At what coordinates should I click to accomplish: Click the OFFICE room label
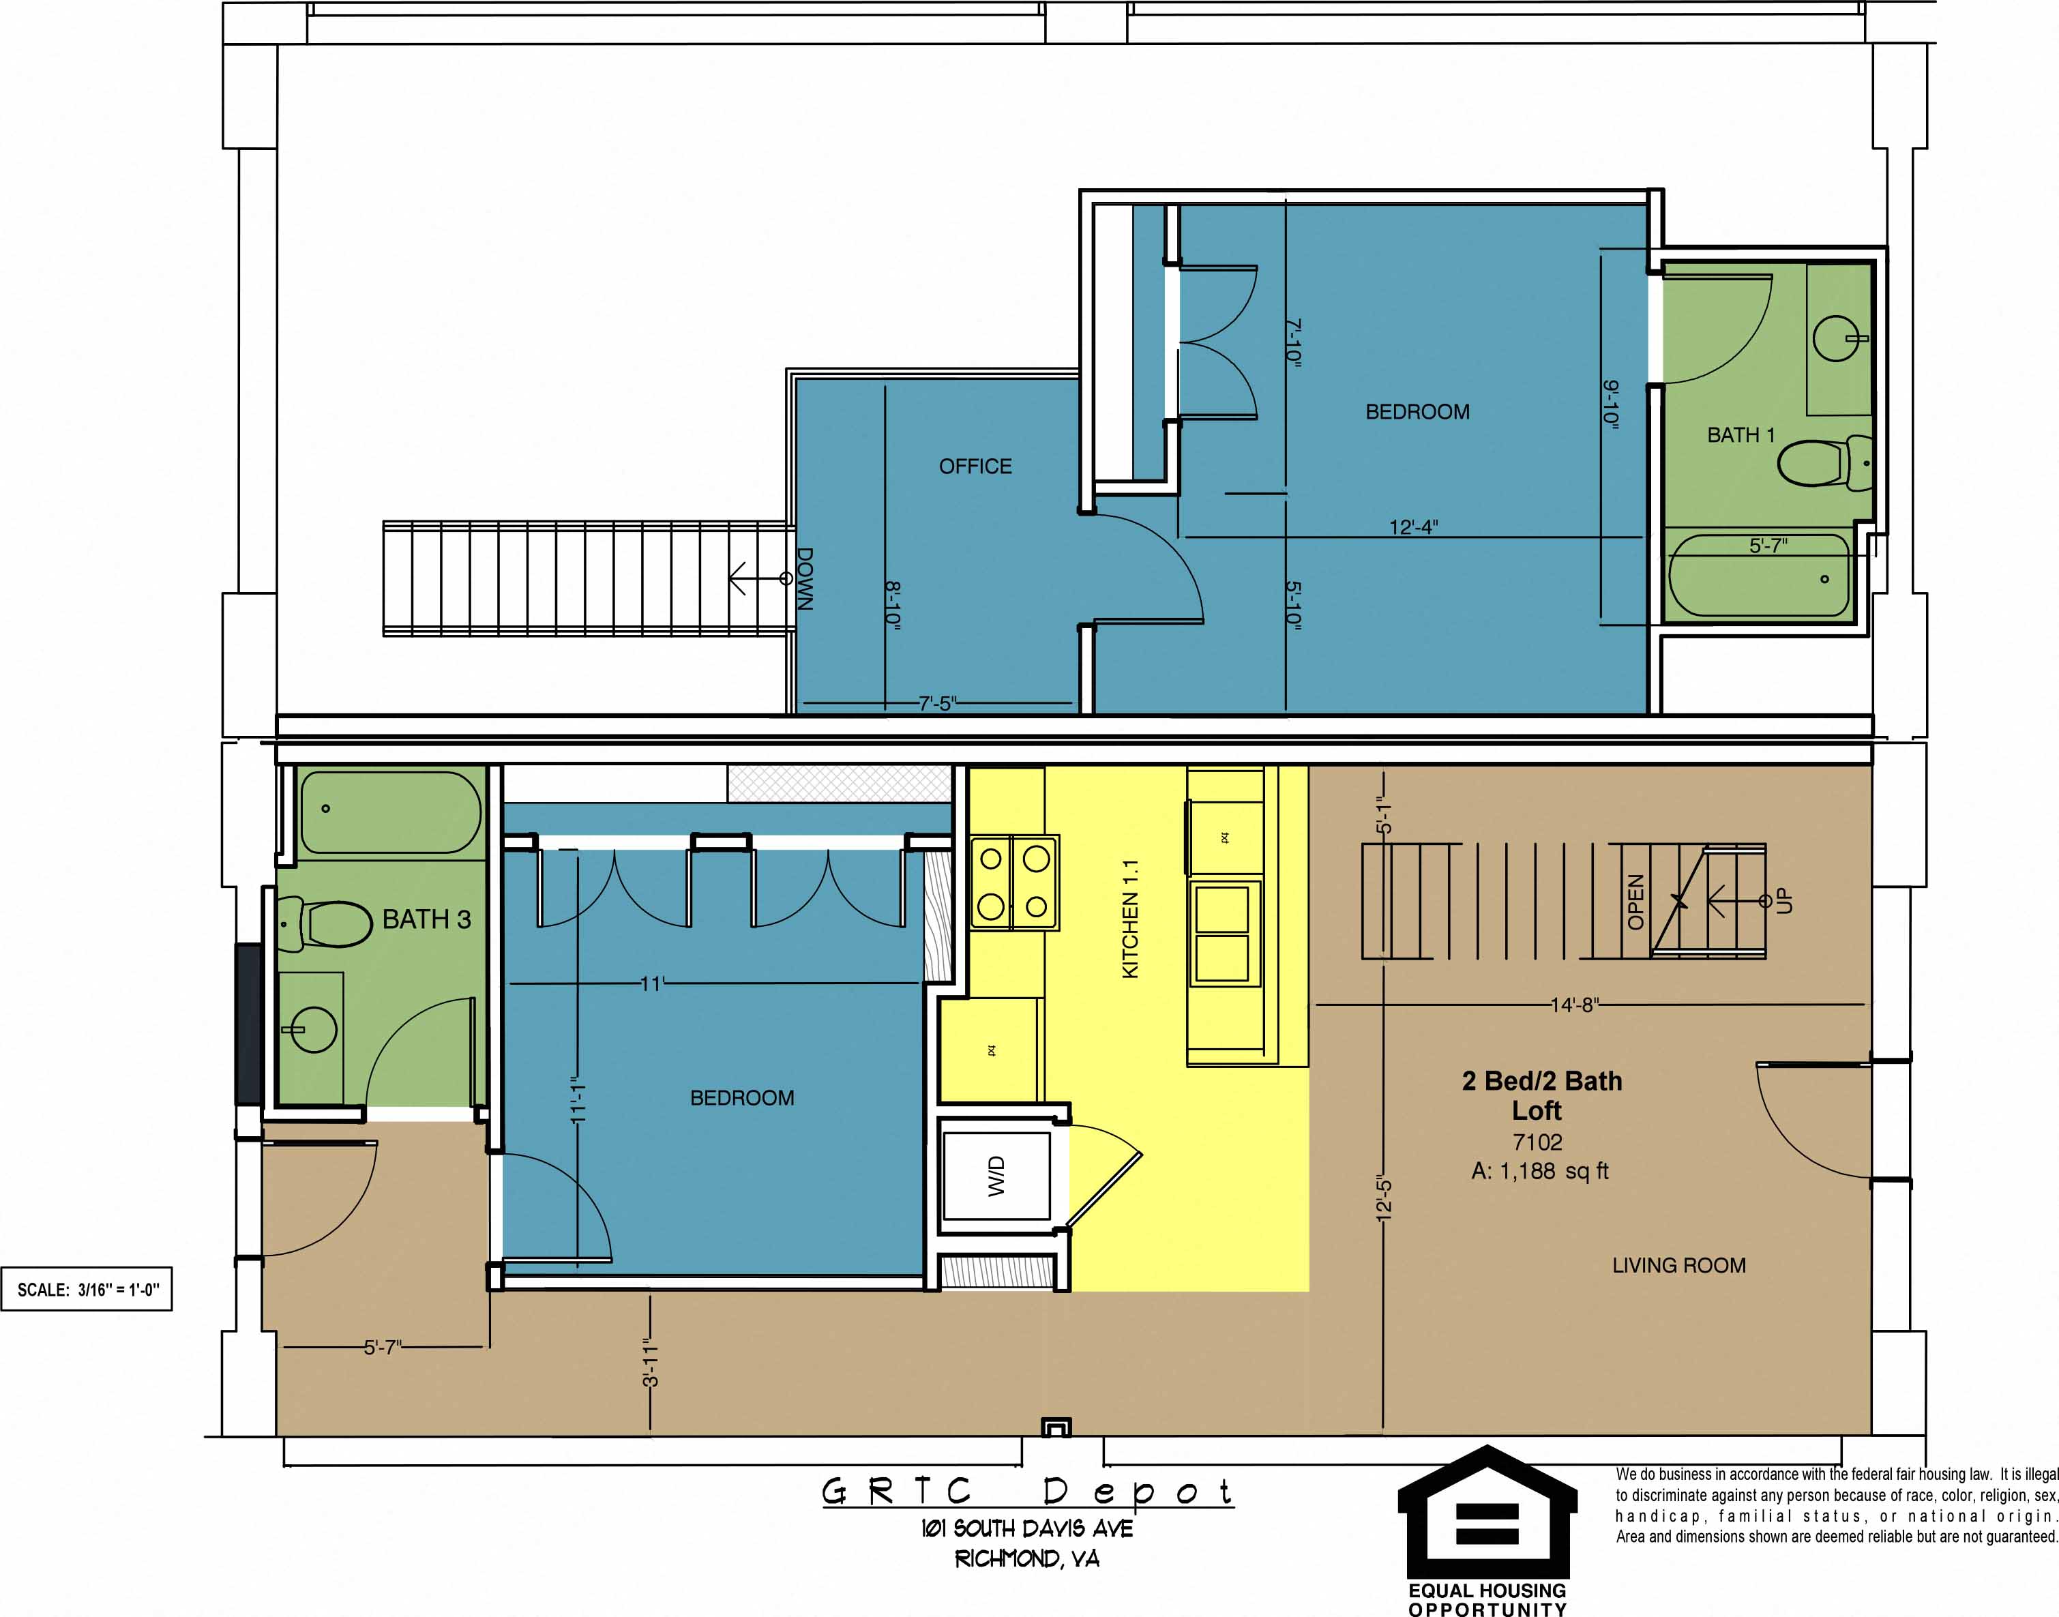tap(975, 466)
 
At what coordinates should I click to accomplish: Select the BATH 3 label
tap(426, 919)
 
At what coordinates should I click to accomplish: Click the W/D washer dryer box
tap(996, 1175)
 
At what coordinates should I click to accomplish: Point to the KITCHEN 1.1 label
tap(1129, 919)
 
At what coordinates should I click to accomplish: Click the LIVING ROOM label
tap(1678, 1265)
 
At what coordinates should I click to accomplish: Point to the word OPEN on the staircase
tap(1635, 902)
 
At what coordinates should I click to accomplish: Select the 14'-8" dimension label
tap(1573, 1005)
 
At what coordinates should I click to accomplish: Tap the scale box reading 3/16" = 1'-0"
tap(87, 1290)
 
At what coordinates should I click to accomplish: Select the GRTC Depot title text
tap(1027, 1492)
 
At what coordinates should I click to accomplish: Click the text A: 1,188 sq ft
tap(1539, 1171)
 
